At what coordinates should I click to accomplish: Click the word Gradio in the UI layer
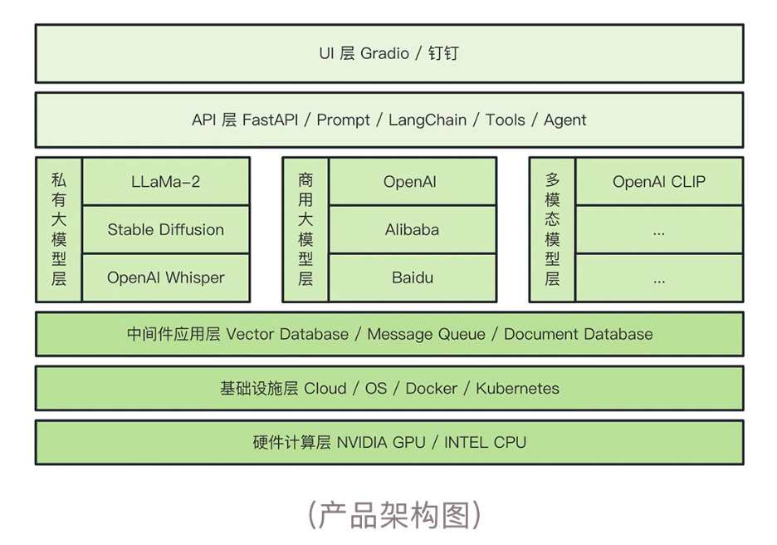click(384, 53)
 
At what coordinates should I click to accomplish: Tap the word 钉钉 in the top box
click(443, 53)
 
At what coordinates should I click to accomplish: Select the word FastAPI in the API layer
click(270, 120)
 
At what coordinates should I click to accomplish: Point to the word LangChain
click(428, 120)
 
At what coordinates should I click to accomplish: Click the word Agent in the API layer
click(565, 120)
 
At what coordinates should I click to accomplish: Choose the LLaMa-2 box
click(166, 181)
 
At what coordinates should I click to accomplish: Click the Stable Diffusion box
click(166, 229)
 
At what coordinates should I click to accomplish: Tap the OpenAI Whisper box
click(166, 277)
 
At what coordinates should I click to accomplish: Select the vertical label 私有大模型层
click(59, 229)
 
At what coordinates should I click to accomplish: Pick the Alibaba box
click(413, 229)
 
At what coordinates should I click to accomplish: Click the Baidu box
click(413, 277)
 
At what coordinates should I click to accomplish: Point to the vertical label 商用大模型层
click(305, 229)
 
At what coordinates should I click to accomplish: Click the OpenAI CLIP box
click(659, 181)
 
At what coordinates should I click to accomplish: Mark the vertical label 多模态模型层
click(552, 229)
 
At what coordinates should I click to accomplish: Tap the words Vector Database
click(287, 334)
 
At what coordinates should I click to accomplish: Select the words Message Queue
click(426, 334)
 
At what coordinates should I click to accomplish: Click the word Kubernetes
click(517, 388)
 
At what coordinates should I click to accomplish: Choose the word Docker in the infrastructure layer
click(432, 388)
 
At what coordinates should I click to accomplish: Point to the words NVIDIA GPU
click(381, 442)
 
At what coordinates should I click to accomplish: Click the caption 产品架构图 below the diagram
click(394, 515)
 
